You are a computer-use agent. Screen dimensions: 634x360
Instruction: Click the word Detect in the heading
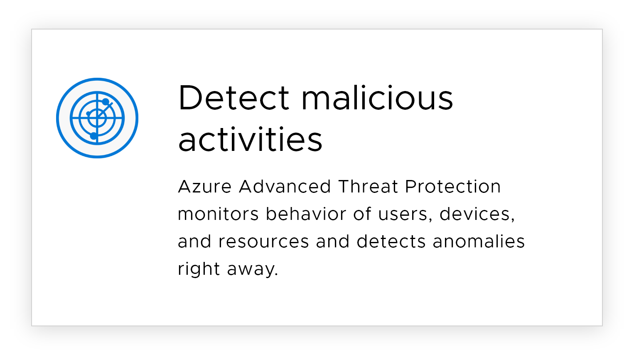[x=234, y=97]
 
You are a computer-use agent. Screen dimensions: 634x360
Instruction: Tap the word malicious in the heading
[x=377, y=97]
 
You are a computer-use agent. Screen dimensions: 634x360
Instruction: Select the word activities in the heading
[x=250, y=139]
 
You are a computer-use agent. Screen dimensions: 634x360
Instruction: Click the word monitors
[x=218, y=214]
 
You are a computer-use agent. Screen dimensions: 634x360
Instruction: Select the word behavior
[x=306, y=214]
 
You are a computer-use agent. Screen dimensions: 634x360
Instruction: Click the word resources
[x=263, y=242]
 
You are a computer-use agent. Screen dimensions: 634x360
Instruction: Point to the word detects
[x=391, y=241]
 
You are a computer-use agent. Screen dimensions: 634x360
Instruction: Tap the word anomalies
[x=479, y=241]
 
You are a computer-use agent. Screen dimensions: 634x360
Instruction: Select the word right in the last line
[x=199, y=269]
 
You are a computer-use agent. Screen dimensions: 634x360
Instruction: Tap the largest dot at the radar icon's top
[x=106, y=102]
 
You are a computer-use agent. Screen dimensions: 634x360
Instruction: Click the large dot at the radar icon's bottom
[x=93, y=136]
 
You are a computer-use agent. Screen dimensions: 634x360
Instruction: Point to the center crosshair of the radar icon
[x=97, y=118]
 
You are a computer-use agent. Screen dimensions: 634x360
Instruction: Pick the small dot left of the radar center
[x=88, y=113]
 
